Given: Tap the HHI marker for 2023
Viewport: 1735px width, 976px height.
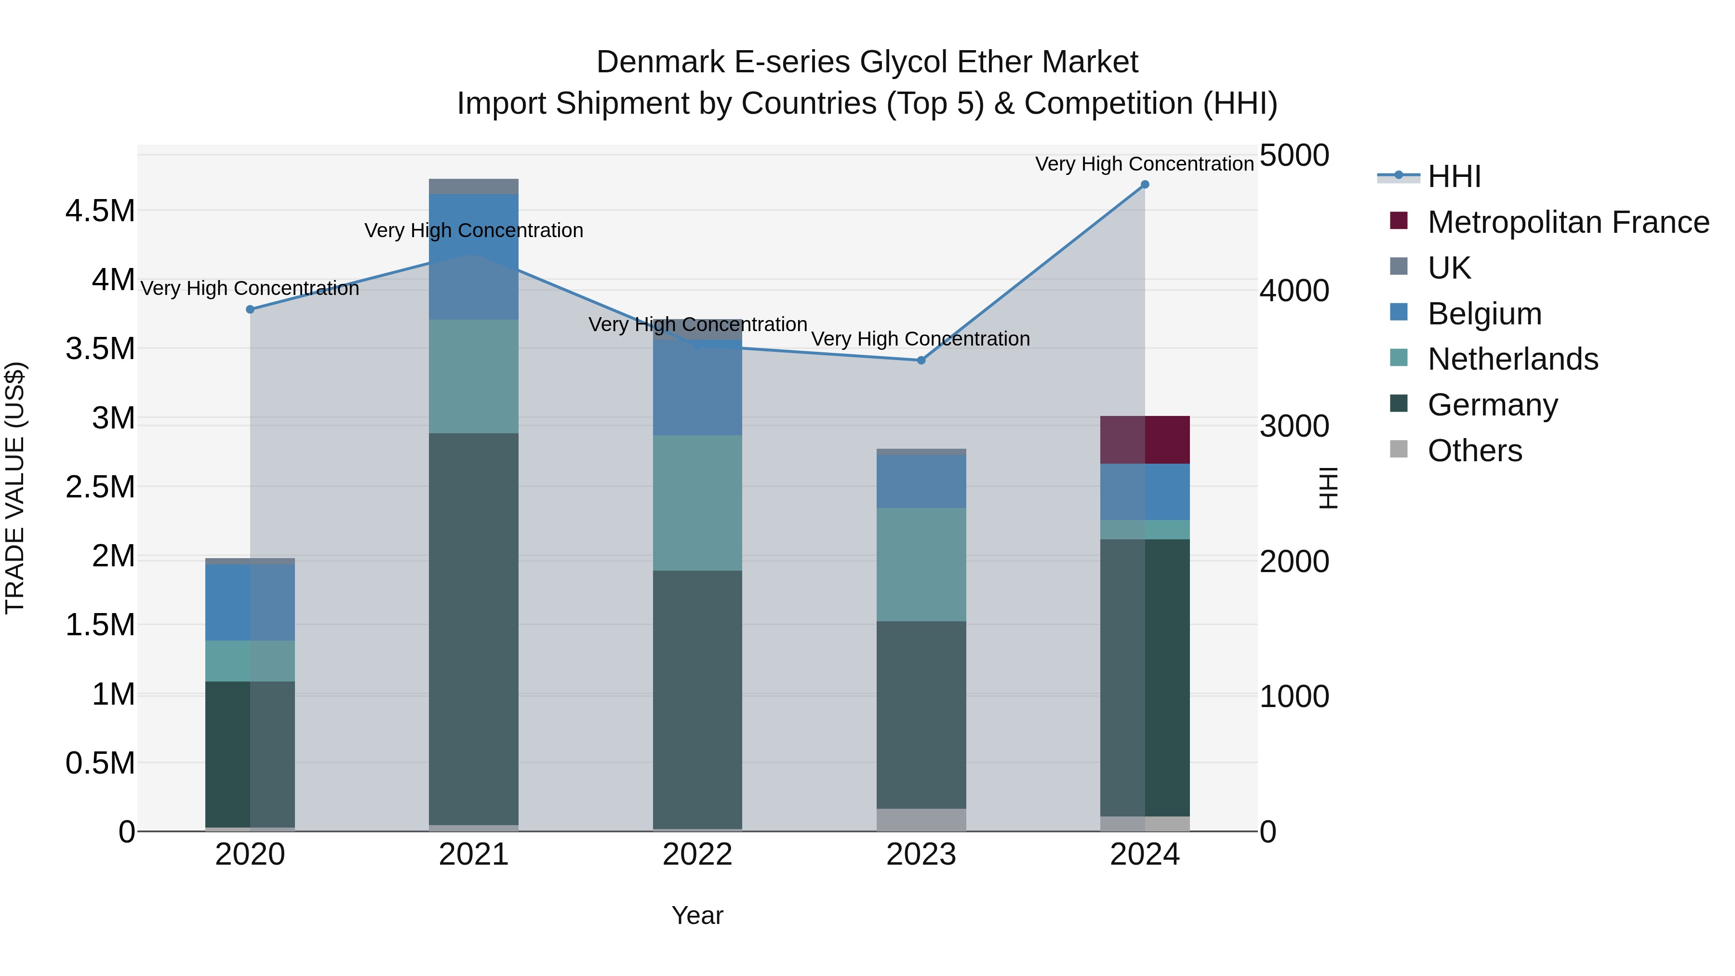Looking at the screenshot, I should click(x=921, y=361).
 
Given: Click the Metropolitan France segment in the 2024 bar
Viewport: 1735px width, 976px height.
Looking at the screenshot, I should click(x=1145, y=440).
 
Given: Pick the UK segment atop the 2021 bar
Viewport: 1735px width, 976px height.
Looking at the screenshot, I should click(x=473, y=187).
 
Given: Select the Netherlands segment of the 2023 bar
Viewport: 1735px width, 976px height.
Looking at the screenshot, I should click(x=921, y=564).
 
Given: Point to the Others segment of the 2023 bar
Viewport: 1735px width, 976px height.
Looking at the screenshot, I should click(x=921, y=820).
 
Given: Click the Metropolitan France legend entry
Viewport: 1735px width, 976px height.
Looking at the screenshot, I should click(x=1567, y=222).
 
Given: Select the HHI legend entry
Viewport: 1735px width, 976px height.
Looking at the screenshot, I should click(x=1454, y=176).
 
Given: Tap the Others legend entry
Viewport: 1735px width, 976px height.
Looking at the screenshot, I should click(x=1474, y=451).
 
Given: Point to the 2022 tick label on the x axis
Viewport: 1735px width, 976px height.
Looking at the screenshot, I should click(x=698, y=855).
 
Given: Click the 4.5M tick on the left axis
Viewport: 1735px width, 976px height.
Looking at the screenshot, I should click(x=100, y=211).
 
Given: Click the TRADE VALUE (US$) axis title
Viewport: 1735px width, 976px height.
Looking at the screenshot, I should click(x=15, y=488).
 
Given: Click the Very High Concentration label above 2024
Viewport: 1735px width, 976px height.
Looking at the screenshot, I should click(x=1144, y=164).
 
